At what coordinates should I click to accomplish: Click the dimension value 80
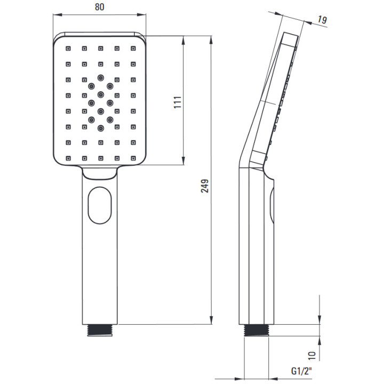(99, 7)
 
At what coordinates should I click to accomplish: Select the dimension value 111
(178, 102)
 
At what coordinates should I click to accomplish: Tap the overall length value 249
(205, 186)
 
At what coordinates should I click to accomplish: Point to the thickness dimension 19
(322, 20)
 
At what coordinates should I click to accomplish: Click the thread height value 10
(312, 355)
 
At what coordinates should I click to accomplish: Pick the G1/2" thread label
(301, 371)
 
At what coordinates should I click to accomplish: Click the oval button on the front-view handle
(100, 205)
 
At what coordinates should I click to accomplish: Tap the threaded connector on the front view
(100, 330)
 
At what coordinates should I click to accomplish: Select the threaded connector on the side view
(257, 330)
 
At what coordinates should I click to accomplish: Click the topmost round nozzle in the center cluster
(101, 78)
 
